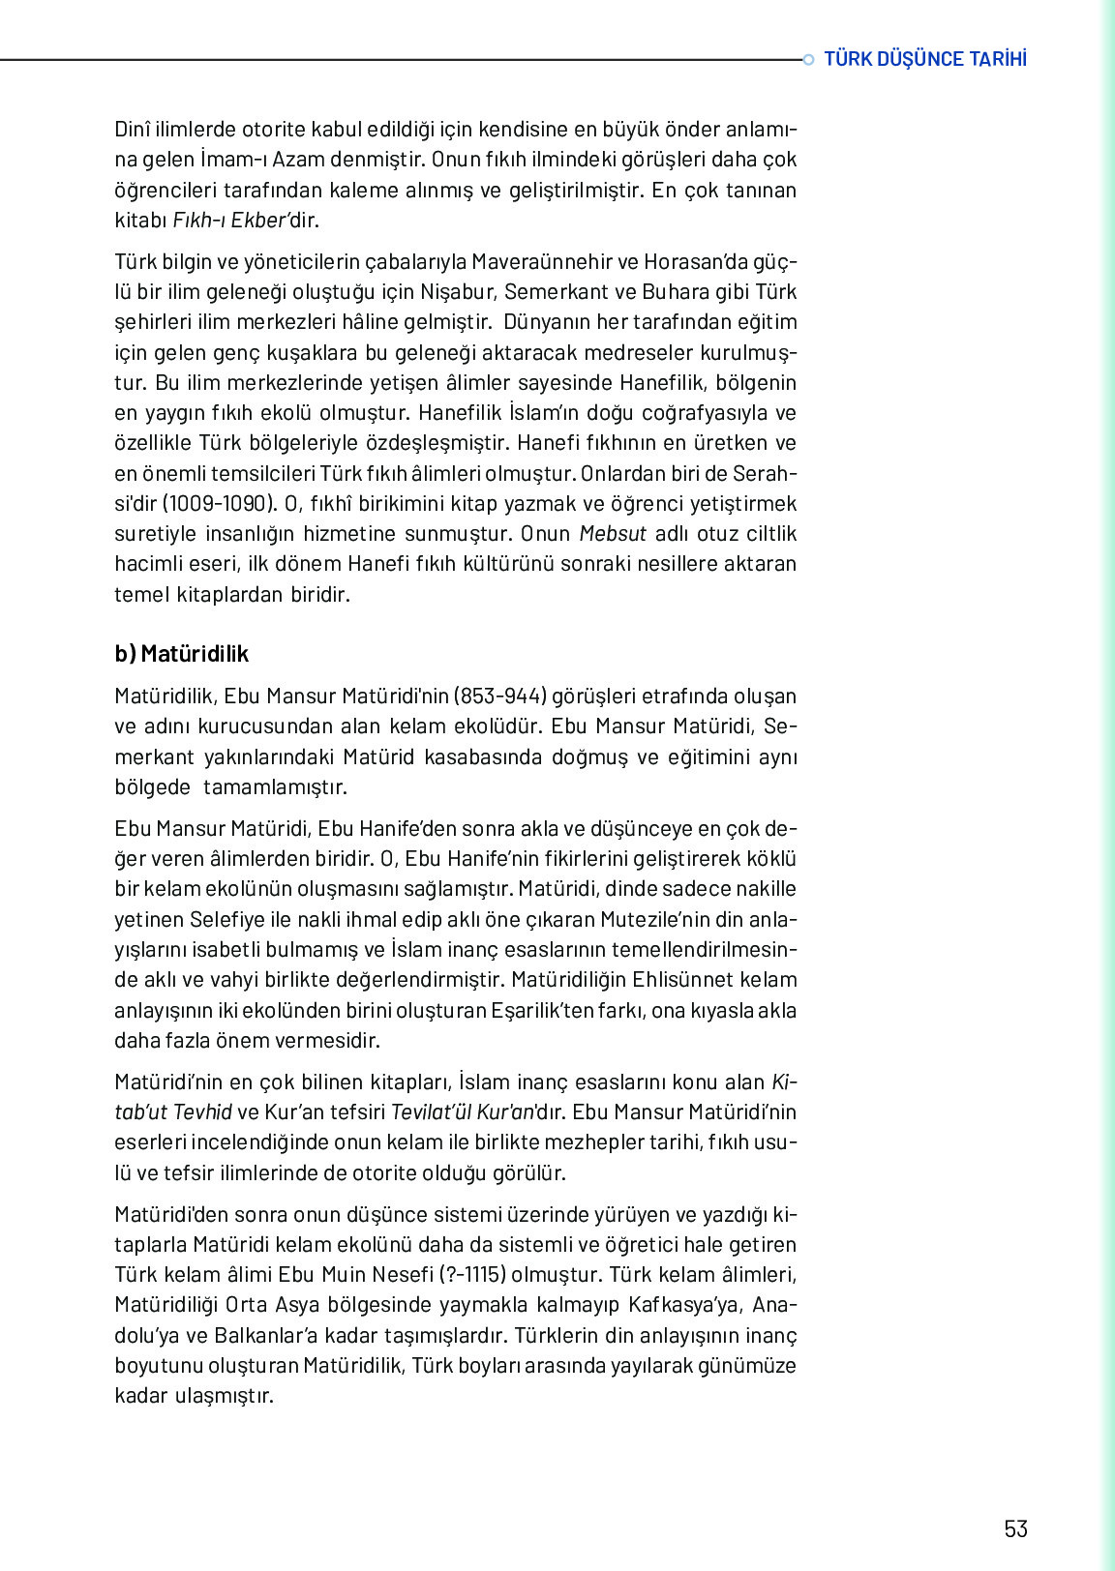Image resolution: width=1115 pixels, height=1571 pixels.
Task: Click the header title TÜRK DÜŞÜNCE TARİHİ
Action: point(924,59)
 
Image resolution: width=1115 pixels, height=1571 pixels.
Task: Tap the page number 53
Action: point(1015,1528)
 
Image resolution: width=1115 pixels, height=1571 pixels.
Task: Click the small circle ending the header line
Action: point(809,60)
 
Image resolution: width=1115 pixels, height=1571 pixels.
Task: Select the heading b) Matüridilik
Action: point(181,654)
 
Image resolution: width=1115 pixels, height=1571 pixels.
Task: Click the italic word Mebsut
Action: point(613,533)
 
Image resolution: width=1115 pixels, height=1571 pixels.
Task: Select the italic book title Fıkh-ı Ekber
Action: point(230,220)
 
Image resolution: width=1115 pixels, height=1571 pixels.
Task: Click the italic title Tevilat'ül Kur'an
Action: point(463,1112)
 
